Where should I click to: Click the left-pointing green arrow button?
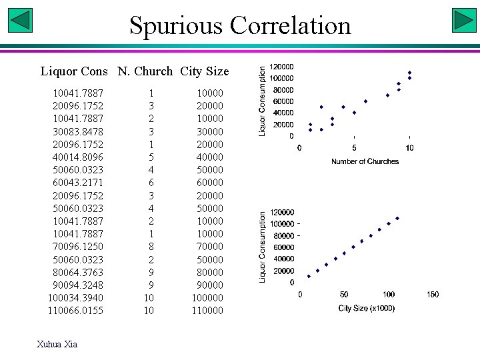pos(21,20)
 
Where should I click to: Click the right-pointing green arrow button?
pos(463,20)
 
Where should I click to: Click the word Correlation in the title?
pos(290,26)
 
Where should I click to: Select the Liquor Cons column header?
pos(74,71)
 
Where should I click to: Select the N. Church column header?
pos(145,71)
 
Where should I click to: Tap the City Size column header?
pos(204,71)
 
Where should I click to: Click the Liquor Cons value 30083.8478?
pos(78,131)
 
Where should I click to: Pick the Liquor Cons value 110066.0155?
pos(75,311)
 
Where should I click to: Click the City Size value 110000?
pos(208,311)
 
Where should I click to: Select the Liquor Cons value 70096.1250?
pos(78,247)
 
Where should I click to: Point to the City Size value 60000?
pos(210,183)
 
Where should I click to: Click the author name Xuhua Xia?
pos(57,344)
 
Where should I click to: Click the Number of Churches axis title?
pos(365,161)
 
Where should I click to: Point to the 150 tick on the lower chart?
pos(433,295)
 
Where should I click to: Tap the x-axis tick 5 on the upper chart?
pos(354,147)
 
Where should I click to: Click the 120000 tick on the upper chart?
pos(281,67)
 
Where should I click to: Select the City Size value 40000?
pos(210,157)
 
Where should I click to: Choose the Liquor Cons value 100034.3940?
pos(75,298)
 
